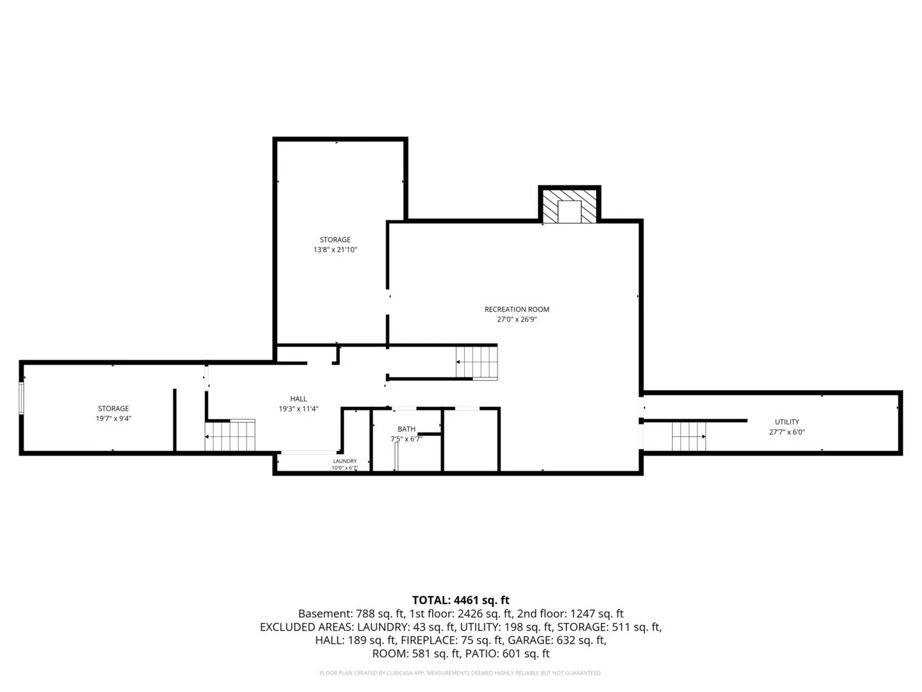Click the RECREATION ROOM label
pyautogui.click(x=517, y=309)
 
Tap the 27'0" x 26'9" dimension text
pyautogui.click(x=517, y=319)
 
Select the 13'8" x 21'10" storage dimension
pyautogui.click(x=336, y=250)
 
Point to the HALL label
pyautogui.click(x=298, y=399)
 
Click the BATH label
pyautogui.click(x=406, y=429)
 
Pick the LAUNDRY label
pyautogui.click(x=345, y=461)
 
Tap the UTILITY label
pyautogui.click(x=787, y=422)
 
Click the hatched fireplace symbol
pyautogui.click(x=569, y=206)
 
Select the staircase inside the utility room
pyautogui.click(x=689, y=436)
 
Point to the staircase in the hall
pyautogui.click(x=230, y=435)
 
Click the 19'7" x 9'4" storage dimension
pyautogui.click(x=113, y=418)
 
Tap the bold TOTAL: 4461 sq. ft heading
pyautogui.click(x=461, y=600)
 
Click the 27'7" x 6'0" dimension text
pyautogui.click(x=787, y=432)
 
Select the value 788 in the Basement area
pyautogui.click(x=365, y=613)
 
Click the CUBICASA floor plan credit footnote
pyautogui.click(x=461, y=673)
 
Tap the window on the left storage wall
pyautogui.click(x=21, y=398)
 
